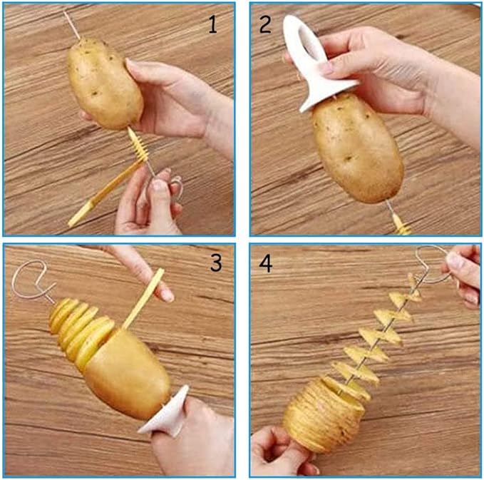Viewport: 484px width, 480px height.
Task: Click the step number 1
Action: pos(212,24)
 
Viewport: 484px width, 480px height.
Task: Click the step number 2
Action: pos(265,24)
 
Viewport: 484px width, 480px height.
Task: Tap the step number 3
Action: pos(216,263)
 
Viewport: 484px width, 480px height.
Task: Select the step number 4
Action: pos(266,264)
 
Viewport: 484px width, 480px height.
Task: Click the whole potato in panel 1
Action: pos(105,83)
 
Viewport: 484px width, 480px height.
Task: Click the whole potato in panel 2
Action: pos(357,148)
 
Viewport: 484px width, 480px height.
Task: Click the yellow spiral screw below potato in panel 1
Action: pos(138,145)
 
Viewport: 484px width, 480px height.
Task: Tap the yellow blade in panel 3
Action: pos(143,299)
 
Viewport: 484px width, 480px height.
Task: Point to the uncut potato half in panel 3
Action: pos(127,373)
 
